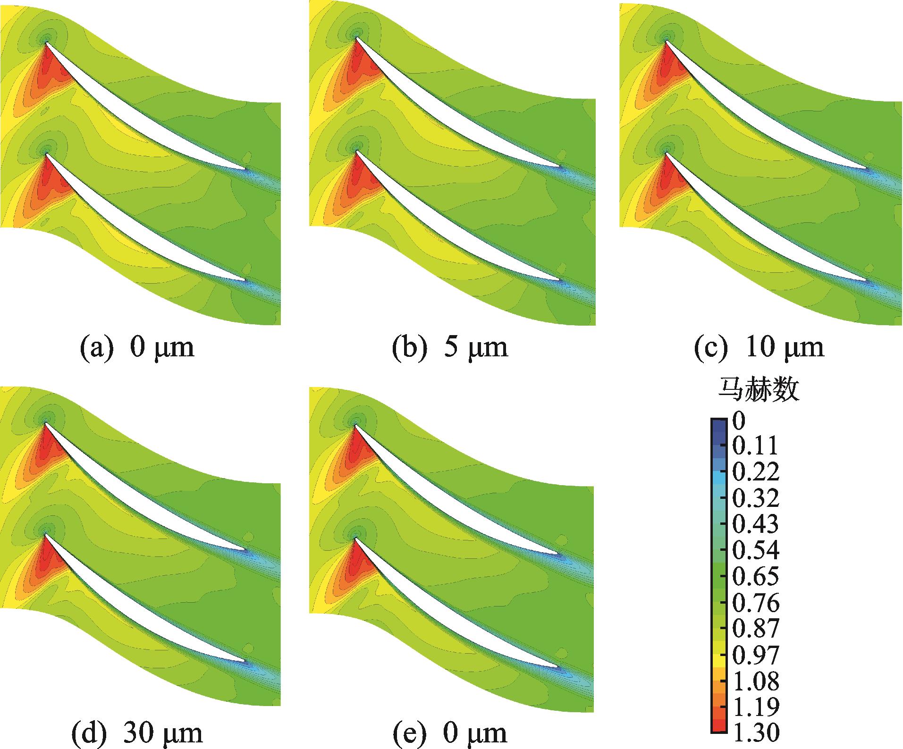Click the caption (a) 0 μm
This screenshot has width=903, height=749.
click(137, 348)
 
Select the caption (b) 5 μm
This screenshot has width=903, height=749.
click(450, 348)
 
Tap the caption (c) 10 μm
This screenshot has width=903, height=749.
click(760, 348)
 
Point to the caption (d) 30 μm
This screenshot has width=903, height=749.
click(137, 732)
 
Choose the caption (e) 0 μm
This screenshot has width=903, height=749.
click(450, 732)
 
